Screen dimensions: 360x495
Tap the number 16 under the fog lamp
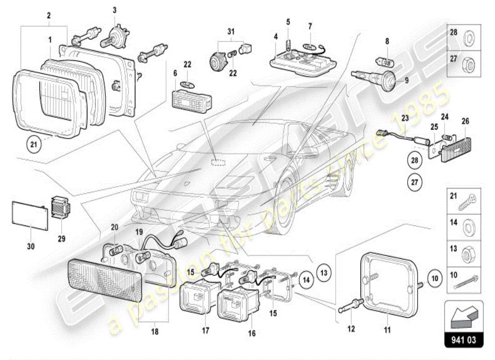point(252,333)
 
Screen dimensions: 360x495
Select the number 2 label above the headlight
point(49,15)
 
